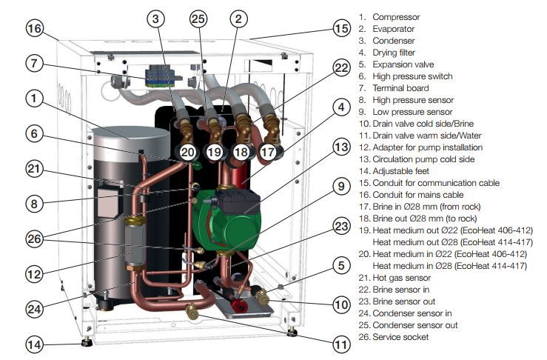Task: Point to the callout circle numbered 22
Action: (340, 67)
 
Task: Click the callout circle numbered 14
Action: (35, 343)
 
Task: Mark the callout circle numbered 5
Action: (340, 264)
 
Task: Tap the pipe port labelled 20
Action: (188, 152)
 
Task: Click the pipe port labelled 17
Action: (267, 152)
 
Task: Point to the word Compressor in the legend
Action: (396, 17)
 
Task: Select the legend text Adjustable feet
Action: (401, 171)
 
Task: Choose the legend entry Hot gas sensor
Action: (400, 278)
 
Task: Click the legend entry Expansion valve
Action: (400, 64)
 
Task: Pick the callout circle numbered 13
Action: (340, 148)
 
